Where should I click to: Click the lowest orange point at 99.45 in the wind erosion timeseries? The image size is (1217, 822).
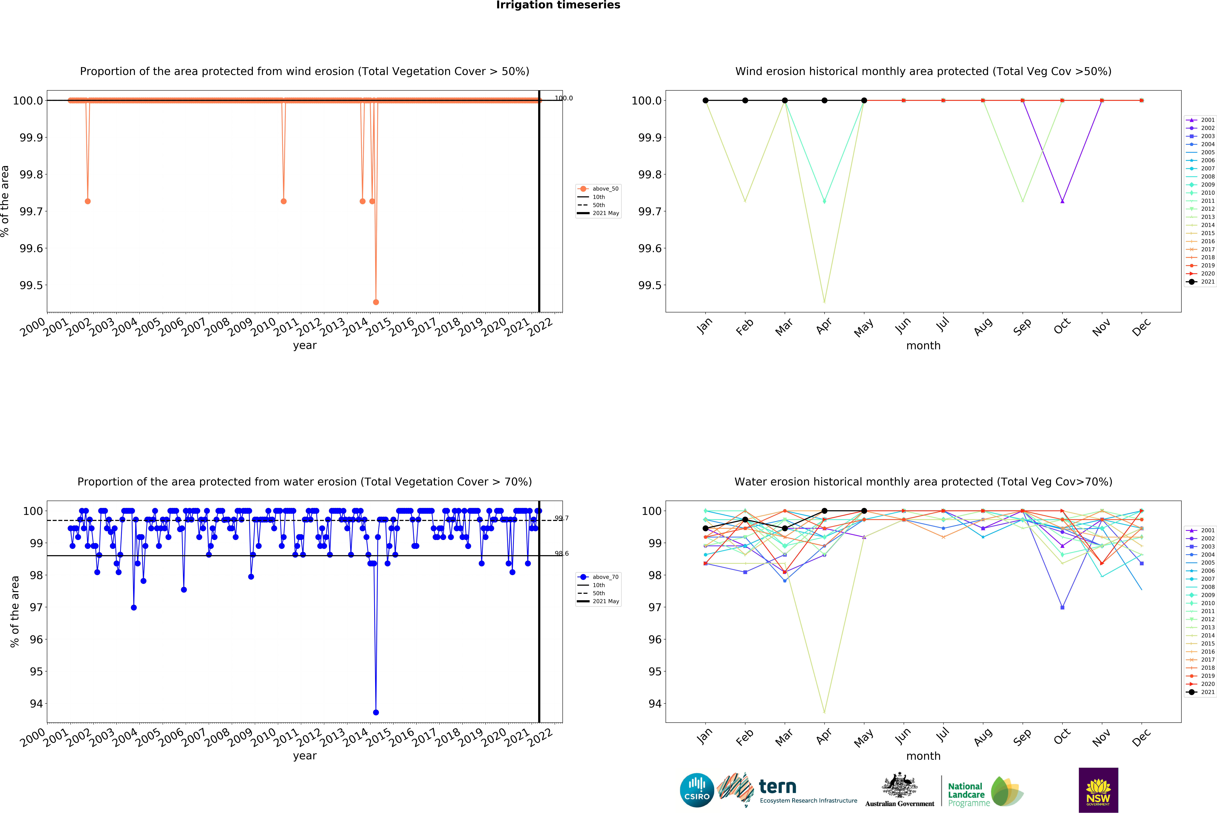tap(375, 302)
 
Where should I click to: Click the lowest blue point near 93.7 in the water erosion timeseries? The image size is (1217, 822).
tap(375, 712)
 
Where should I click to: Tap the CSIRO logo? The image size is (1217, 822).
tap(696, 790)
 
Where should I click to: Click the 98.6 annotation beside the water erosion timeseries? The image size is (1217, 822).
tap(561, 554)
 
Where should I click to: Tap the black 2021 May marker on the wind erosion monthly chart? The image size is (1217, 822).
tap(864, 100)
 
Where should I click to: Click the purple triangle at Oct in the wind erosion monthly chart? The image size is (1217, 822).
tap(1062, 201)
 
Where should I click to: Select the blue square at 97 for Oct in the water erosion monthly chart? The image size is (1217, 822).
tap(1062, 608)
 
